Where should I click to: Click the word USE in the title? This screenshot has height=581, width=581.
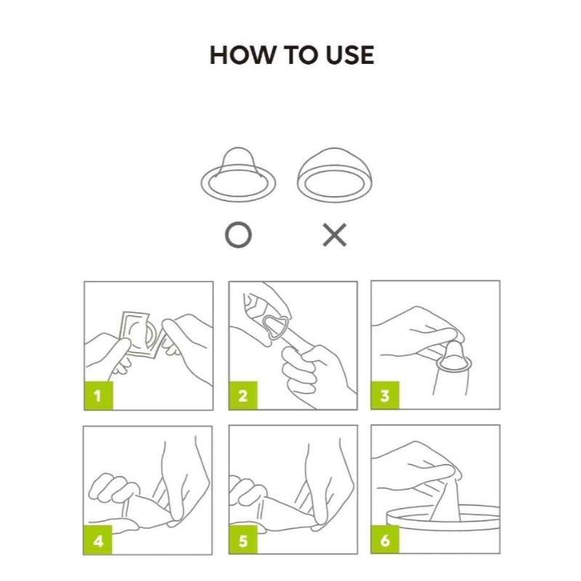pyautogui.click(x=349, y=55)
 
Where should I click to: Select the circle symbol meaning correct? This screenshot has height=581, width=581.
pyautogui.click(x=238, y=235)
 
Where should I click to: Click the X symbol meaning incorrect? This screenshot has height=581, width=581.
pyautogui.click(x=335, y=235)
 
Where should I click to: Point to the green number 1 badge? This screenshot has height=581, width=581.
pyautogui.click(x=98, y=395)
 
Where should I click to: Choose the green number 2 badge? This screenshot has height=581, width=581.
pyautogui.click(x=243, y=395)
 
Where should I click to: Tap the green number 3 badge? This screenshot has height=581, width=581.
pyautogui.click(x=385, y=395)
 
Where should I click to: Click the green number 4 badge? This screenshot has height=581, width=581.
pyautogui.click(x=98, y=540)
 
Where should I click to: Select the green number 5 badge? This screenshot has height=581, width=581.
pyautogui.click(x=243, y=540)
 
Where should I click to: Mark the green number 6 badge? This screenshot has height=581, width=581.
pyautogui.click(x=385, y=540)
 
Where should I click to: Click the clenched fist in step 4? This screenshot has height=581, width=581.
pyautogui.click(x=110, y=488)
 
